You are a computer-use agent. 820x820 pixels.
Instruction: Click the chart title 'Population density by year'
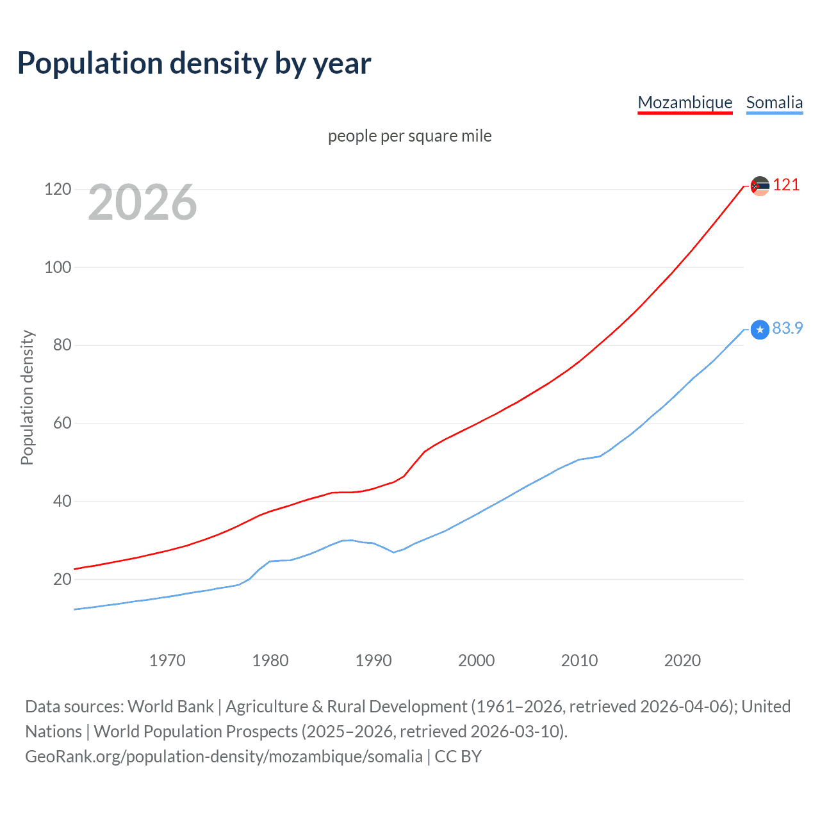point(194,63)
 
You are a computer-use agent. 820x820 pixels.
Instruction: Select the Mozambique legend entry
point(685,102)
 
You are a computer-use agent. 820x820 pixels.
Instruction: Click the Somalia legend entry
point(774,102)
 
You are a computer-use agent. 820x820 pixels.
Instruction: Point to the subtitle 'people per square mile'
point(410,136)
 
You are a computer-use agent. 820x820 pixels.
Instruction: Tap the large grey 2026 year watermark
point(142,202)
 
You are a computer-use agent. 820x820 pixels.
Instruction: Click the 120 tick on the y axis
point(58,189)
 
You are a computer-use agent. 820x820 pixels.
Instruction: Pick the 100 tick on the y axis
point(58,267)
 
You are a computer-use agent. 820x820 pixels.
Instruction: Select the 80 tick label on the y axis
point(62,345)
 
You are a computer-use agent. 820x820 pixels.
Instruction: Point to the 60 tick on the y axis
point(62,423)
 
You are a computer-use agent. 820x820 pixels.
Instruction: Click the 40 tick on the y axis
point(62,501)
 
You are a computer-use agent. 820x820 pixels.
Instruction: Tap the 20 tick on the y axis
point(62,579)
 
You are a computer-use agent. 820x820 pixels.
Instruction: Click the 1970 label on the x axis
point(167,660)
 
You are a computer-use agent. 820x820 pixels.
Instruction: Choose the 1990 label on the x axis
point(373,660)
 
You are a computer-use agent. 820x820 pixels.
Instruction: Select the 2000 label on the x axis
point(476,660)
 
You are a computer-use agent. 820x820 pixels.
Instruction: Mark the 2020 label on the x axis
point(682,660)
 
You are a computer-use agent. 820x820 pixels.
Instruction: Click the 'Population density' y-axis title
point(27,397)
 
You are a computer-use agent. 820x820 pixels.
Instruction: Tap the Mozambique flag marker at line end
point(760,186)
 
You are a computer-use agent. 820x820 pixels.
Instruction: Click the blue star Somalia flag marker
point(760,329)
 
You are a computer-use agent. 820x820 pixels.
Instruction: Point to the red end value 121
point(786,185)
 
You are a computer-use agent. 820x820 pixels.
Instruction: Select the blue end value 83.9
point(787,328)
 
